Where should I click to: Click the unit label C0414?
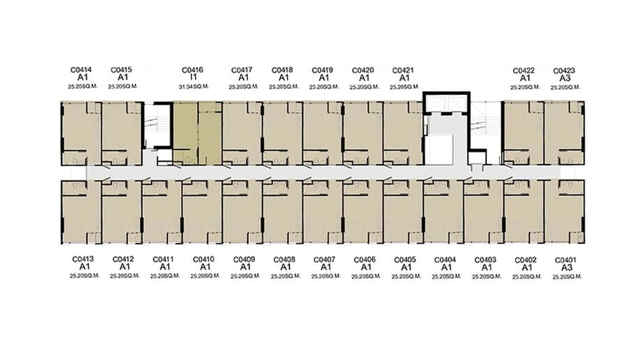(81, 70)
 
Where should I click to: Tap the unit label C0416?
(192, 70)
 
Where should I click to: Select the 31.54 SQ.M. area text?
(192, 86)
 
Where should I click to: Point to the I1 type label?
(192, 77)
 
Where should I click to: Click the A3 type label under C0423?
(564, 78)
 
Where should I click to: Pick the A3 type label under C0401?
(566, 268)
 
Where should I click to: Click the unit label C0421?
(403, 70)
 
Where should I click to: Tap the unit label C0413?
(83, 259)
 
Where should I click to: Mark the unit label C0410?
(204, 259)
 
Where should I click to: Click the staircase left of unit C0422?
(485, 126)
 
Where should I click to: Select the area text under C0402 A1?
(526, 276)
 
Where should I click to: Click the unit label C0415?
(121, 70)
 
